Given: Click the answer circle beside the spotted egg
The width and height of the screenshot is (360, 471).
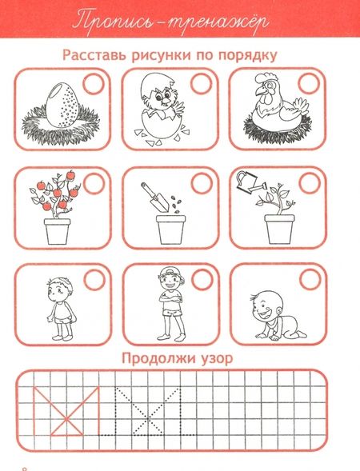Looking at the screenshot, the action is click(94, 84).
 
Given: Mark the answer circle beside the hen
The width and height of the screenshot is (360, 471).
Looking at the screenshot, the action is click(309, 83).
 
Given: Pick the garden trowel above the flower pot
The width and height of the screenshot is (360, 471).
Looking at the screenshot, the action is click(155, 197).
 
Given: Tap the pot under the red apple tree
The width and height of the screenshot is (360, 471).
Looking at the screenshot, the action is click(58, 231).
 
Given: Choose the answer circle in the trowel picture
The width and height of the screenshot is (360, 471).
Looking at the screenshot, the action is click(202, 183).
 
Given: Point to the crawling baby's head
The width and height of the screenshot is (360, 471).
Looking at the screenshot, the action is click(266, 307).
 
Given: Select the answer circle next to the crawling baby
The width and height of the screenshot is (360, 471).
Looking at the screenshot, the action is click(310, 279).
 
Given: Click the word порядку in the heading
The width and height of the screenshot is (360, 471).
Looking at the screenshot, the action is click(248, 55).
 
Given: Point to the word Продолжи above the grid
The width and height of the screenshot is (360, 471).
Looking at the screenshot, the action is click(158, 357).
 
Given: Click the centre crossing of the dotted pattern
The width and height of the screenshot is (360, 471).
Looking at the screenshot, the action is click(147, 419).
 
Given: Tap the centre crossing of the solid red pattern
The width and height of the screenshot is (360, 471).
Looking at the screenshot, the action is click(66, 419).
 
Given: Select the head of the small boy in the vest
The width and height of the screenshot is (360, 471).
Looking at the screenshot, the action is click(59, 290).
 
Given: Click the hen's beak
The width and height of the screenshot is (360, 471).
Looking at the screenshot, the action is click(260, 90).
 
